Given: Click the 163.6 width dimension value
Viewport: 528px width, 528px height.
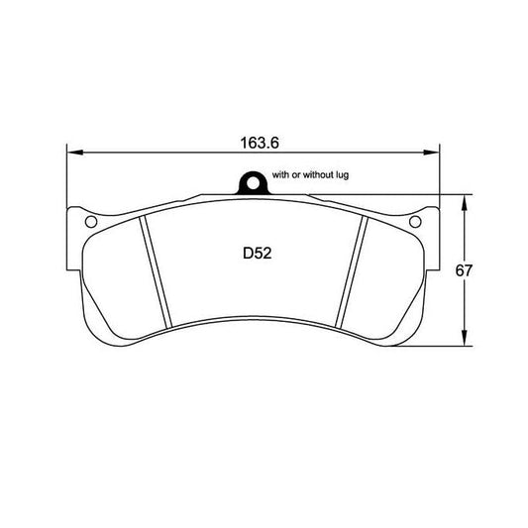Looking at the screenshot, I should pos(255,143).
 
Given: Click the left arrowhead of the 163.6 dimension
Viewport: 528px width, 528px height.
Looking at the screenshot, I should pos(71,153).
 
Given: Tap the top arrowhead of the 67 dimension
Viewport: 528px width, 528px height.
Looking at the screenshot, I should pos(465,199).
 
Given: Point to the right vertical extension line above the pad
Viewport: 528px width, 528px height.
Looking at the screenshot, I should pos(438,178).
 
